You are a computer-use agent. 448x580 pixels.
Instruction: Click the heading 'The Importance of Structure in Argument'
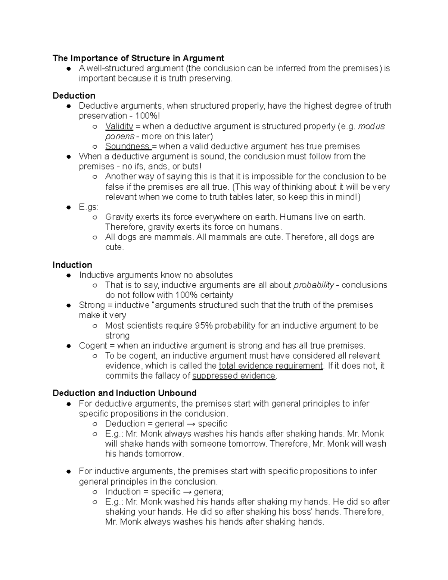138,58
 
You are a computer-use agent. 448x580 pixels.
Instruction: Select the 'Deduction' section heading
74,96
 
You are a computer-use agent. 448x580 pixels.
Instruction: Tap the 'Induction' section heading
72,265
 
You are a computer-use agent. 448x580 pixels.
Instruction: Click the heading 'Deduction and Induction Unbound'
124,393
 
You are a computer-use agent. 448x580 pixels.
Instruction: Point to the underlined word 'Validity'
119,126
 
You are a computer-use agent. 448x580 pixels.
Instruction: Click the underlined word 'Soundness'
127,146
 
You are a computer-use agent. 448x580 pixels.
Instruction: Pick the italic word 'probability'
314,285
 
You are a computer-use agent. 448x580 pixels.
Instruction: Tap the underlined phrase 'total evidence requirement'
271,366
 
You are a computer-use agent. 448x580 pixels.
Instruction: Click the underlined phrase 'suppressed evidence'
234,376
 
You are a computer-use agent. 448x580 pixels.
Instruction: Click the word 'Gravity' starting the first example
119,217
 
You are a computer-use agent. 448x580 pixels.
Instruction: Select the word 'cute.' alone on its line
114,247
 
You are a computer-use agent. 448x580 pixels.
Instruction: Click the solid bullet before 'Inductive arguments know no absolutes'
69,275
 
